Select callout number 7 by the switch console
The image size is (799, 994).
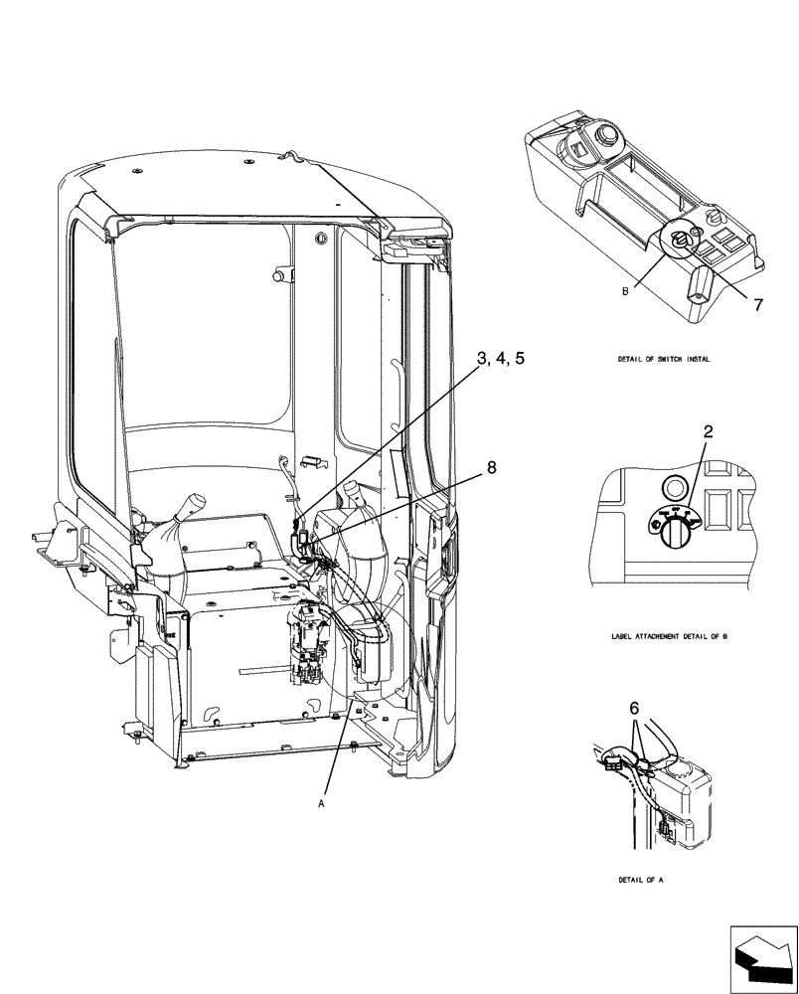tap(758, 305)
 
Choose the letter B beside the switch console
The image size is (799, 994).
tap(626, 292)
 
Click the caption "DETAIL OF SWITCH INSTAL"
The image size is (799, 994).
tap(662, 359)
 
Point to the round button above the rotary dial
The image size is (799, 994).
tap(674, 487)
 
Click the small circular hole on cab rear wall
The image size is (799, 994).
tap(320, 238)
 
